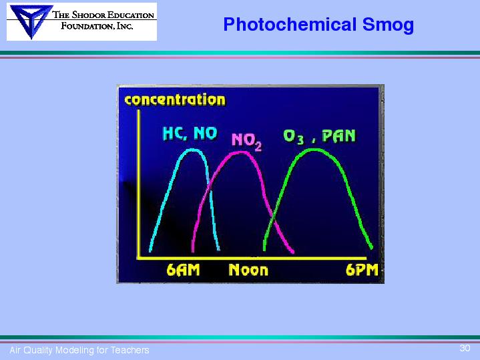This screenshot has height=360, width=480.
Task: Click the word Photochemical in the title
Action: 290,25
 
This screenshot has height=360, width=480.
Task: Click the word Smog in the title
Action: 388,25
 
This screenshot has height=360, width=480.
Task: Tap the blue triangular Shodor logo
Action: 31,21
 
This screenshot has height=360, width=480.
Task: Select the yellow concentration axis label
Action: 175,100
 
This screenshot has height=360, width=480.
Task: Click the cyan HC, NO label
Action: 190,134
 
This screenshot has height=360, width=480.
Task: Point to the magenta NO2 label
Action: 247,141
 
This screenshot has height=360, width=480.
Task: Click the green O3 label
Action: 294,136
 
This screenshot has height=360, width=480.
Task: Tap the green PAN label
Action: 339,136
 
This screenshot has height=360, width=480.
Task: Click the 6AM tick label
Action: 183,271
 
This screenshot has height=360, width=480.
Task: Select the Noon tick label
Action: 248,271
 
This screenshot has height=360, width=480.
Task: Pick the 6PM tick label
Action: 362,271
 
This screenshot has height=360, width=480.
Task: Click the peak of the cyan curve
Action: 192,150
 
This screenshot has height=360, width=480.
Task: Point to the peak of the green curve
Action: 314,150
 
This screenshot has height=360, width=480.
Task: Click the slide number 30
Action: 465,348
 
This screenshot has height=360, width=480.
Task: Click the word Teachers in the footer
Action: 130,350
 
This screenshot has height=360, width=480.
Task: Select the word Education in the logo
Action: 134,15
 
